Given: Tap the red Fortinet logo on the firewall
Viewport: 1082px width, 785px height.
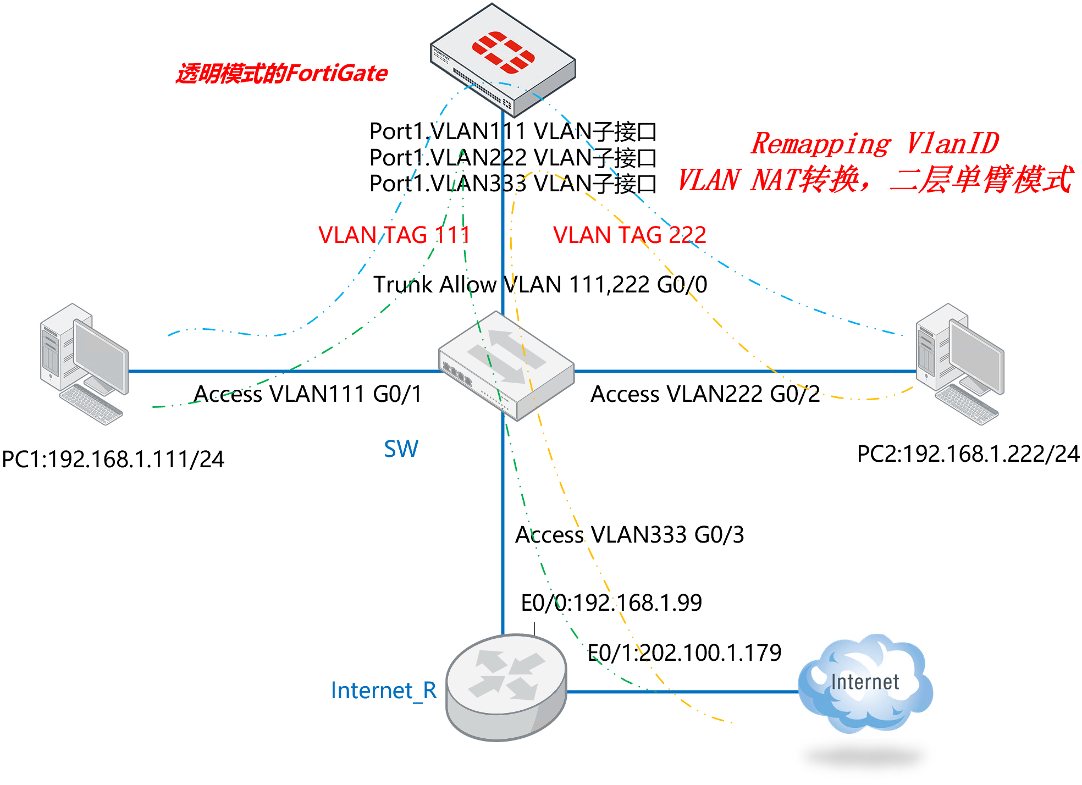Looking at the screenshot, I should [503, 52].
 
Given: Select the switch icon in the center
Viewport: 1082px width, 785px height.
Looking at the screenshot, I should [506, 366].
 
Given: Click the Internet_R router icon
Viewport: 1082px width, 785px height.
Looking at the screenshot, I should [506, 687].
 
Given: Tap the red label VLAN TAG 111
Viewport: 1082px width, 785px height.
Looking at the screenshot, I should [394, 235].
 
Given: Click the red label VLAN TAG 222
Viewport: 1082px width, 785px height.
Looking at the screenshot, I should [630, 235].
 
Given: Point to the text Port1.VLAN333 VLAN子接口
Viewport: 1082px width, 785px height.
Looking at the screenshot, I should [512, 184].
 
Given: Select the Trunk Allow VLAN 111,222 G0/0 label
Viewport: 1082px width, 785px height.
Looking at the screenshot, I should [540, 285].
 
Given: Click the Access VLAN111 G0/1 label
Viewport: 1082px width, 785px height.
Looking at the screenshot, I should [308, 394].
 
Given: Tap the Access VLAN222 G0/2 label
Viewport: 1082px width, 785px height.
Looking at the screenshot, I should [705, 394].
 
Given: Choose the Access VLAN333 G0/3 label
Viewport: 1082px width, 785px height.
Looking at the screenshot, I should [630, 535].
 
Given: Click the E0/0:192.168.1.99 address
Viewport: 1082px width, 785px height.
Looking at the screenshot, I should [611, 603].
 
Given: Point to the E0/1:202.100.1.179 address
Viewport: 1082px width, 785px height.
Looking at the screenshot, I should [684, 653].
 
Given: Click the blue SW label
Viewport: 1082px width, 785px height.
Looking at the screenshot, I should [401, 449].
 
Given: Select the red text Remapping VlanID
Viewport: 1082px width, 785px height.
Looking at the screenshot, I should [875, 144].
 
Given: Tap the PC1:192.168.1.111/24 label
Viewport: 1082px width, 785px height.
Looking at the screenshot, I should [113, 460].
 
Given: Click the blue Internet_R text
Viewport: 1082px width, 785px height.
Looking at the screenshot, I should [384, 690].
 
